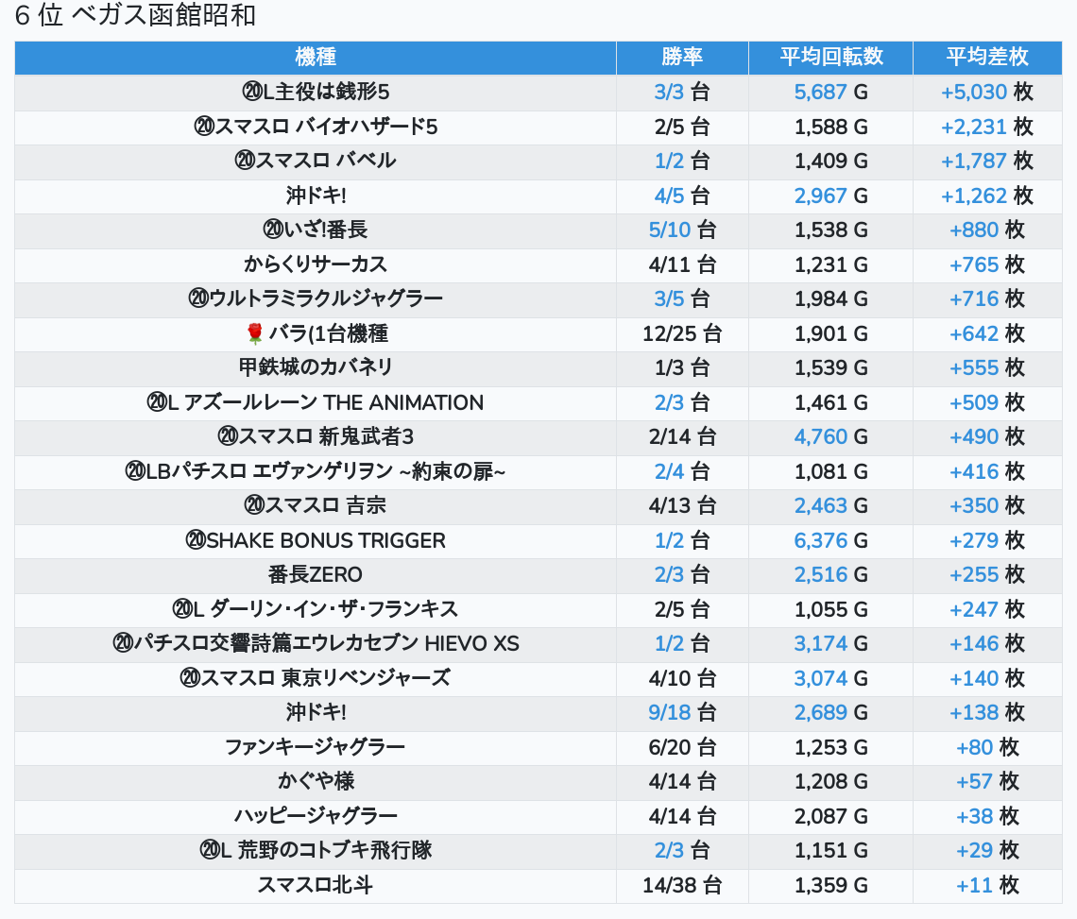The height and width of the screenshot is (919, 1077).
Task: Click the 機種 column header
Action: tap(316, 57)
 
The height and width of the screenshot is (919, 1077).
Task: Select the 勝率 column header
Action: tap(682, 57)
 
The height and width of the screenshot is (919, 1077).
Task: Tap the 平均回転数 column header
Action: tap(830, 57)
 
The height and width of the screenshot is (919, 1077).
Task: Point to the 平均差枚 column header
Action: tap(987, 57)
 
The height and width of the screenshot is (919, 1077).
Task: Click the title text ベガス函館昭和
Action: tap(162, 16)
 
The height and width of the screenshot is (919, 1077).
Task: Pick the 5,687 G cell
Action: tap(830, 92)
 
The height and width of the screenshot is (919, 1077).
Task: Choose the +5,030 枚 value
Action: tap(987, 92)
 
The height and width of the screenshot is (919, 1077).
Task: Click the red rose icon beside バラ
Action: tap(254, 333)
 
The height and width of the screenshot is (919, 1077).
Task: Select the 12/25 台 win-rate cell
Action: tap(682, 333)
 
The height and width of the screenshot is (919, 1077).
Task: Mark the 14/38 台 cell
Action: tap(682, 885)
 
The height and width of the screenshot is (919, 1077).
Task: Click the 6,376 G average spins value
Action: tap(830, 540)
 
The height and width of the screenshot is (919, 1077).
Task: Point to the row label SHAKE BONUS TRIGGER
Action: tap(316, 540)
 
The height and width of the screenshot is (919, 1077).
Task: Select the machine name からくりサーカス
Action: tap(316, 264)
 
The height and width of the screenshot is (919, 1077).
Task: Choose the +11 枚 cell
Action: tap(987, 885)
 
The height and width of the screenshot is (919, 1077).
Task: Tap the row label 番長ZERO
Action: tap(316, 574)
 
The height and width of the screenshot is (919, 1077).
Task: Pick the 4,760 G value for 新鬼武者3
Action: tap(830, 436)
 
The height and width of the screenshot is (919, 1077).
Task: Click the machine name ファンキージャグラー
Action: tap(316, 747)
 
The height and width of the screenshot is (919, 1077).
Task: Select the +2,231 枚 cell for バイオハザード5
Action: tap(987, 127)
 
